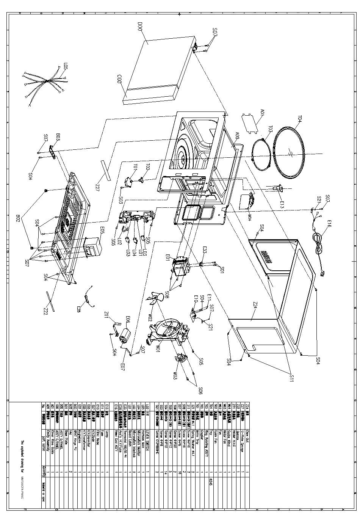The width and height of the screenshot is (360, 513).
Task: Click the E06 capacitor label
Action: (128, 319)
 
